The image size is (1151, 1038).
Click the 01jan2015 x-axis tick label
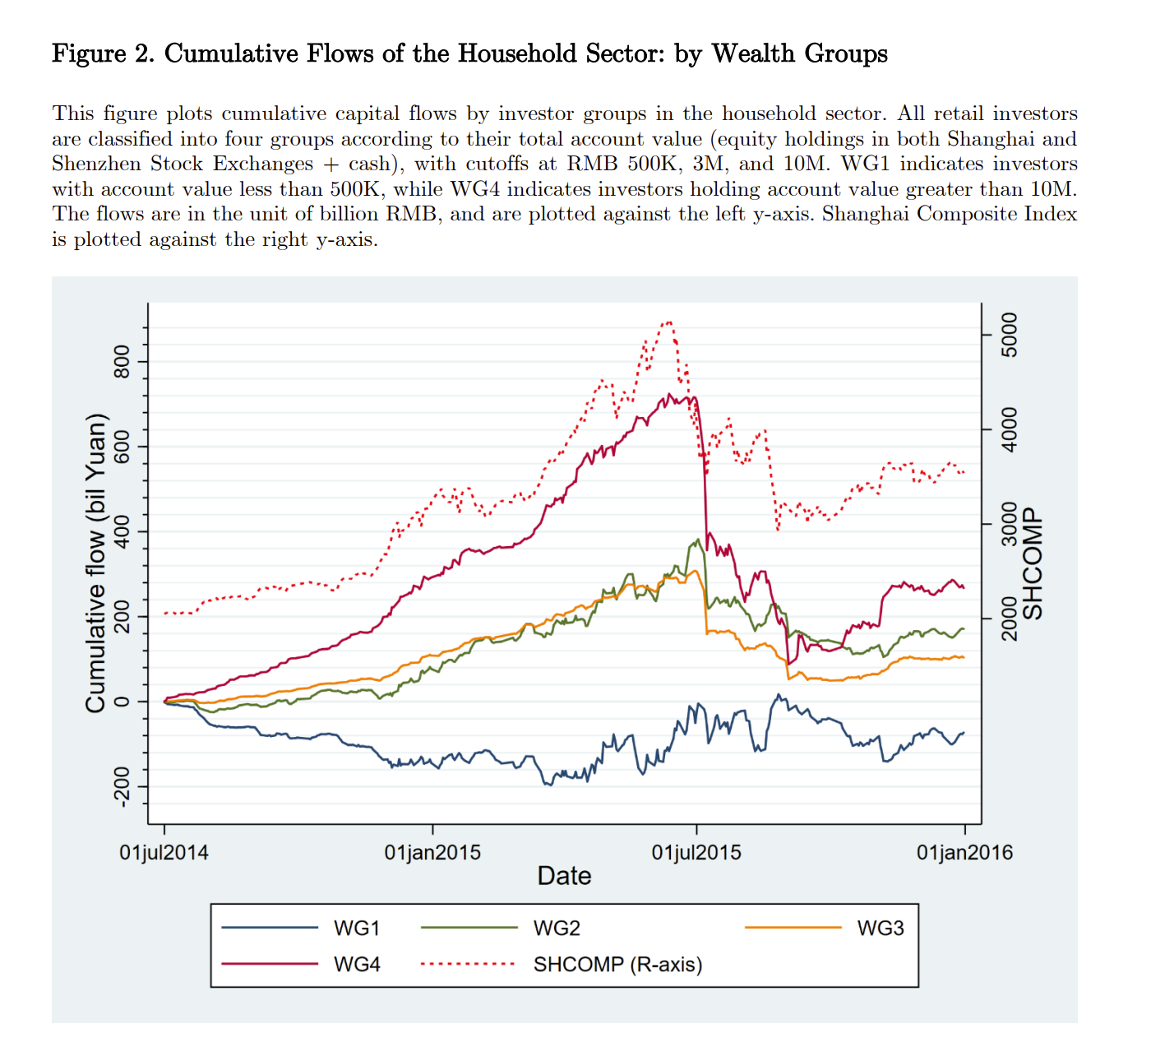pos(432,852)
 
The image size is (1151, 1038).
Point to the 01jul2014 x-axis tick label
pos(164,852)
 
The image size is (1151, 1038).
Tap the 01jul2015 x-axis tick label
pos(696,852)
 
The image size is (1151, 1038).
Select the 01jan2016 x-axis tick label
pos(964,852)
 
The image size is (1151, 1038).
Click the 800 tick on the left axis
pos(122,362)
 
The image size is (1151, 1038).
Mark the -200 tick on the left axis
pos(122,786)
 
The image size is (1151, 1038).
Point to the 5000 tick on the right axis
pos(1009,335)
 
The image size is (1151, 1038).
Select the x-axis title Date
pos(564,876)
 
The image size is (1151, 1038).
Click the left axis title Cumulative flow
pos(96,563)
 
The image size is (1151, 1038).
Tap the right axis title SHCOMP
pos(1033,563)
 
